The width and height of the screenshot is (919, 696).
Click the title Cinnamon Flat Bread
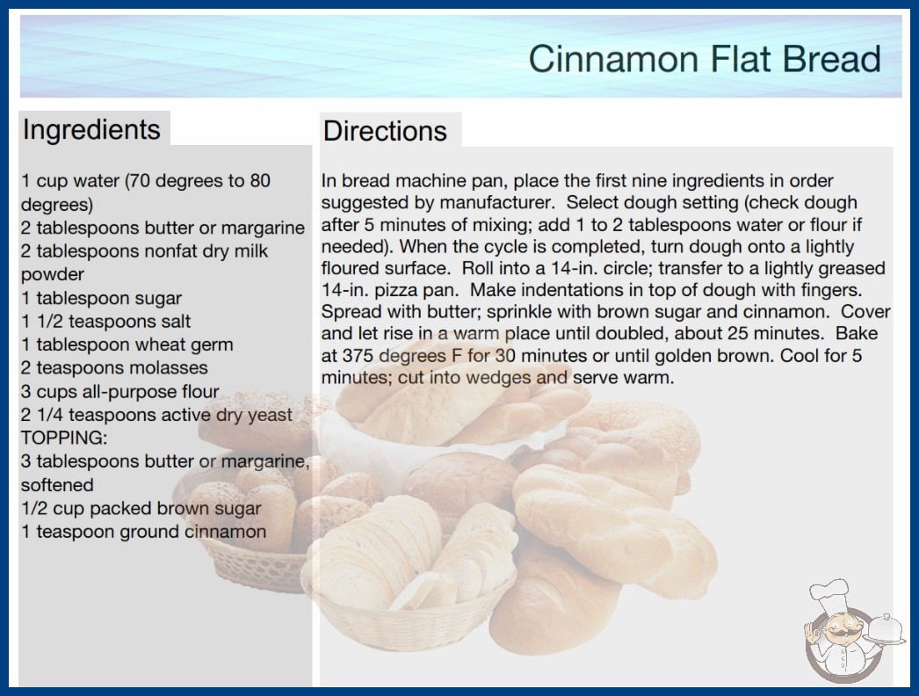(x=705, y=59)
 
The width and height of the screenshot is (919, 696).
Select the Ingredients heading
(x=91, y=129)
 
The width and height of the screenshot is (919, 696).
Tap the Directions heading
(x=385, y=131)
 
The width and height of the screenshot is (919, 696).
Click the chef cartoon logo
(x=854, y=631)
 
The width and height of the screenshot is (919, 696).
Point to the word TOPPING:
(x=64, y=438)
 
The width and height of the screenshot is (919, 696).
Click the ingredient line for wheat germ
(x=127, y=344)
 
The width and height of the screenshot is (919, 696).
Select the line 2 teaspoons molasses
(x=114, y=367)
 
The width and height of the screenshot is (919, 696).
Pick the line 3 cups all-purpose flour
(x=120, y=391)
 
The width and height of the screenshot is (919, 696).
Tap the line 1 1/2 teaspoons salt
(x=106, y=322)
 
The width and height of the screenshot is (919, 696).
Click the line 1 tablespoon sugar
(x=101, y=298)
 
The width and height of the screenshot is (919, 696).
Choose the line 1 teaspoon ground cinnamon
(x=143, y=532)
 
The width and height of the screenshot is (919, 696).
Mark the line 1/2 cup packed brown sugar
(x=141, y=508)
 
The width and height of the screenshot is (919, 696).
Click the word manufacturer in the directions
(x=496, y=203)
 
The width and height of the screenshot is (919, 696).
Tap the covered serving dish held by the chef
(x=886, y=629)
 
